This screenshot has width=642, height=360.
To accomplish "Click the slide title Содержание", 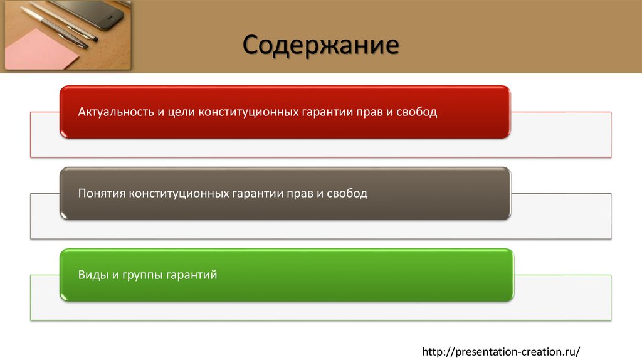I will [x=320, y=46].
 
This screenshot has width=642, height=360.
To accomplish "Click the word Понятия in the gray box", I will [x=102, y=193].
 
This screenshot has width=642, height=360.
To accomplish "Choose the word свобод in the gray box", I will [x=347, y=193].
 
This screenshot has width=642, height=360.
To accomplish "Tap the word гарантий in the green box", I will [x=191, y=274].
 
